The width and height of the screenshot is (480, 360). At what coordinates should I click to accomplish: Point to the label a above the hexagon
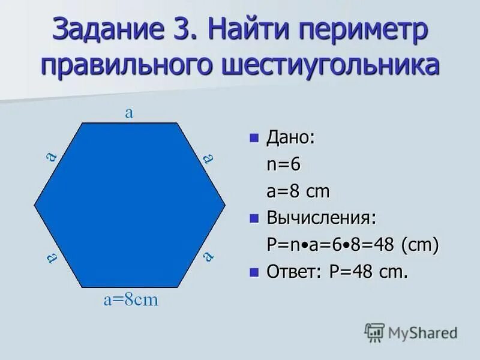pyautogui.click(x=128, y=113)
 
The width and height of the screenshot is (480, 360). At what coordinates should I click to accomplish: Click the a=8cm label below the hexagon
pyautogui.click(x=131, y=300)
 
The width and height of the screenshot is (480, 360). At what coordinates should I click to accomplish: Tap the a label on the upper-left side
pyautogui.click(x=52, y=157)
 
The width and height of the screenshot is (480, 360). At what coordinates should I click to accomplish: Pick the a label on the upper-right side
pyautogui.click(x=208, y=158)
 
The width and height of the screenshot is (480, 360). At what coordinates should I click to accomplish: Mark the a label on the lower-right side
pyautogui.click(x=208, y=256)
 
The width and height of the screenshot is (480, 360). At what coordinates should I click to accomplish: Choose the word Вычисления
pyautogui.click(x=322, y=218)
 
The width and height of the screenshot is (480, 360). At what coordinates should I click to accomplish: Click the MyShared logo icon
pyautogui.click(x=374, y=332)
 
